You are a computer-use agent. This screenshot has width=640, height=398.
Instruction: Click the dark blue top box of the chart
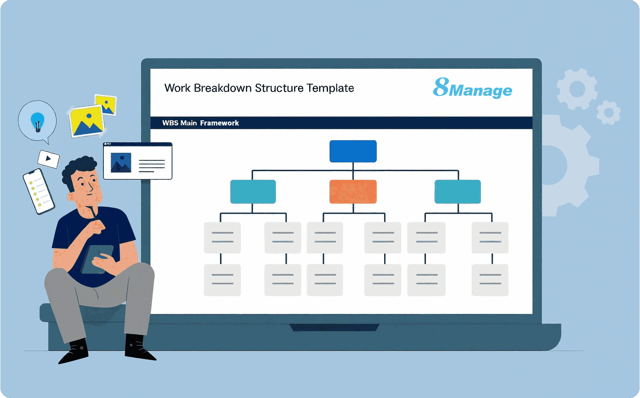pos(353,151)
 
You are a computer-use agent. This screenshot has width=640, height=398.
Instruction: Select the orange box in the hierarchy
pos(353,192)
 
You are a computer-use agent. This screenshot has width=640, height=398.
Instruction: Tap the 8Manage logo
pos(472,88)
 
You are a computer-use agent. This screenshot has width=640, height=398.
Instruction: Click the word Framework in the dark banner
pos(219,123)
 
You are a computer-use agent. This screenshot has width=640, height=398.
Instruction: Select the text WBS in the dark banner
pos(170,123)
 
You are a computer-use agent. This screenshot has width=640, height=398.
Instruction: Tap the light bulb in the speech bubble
pos(37,122)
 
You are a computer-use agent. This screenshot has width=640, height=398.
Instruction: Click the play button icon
pos(48,159)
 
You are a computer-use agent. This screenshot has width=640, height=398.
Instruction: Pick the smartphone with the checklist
pos(38,191)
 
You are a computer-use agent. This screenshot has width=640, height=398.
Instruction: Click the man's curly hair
pos(79,167)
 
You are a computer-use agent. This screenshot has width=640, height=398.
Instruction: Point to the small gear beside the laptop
pos(609,112)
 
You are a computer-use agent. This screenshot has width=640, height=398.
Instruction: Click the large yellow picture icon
pos(87,121)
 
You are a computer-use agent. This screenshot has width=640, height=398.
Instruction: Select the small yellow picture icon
pos(106,104)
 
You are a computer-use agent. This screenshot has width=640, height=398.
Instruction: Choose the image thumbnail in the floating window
pos(121,162)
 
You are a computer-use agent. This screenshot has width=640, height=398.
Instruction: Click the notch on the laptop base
pos(334,328)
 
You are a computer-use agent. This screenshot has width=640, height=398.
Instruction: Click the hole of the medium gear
pos(577,89)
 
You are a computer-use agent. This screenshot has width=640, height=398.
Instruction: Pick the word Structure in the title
pos(279,88)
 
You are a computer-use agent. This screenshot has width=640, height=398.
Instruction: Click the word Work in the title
pos(177,88)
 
